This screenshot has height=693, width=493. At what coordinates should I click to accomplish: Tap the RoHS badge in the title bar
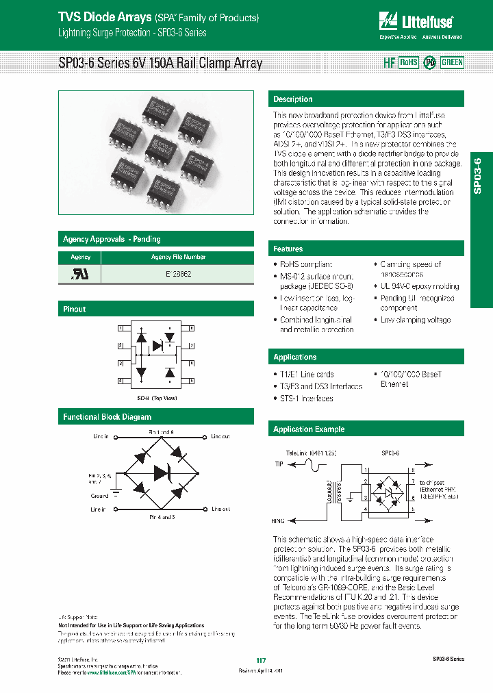coord(408,62)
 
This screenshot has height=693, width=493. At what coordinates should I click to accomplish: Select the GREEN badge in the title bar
coord(452,62)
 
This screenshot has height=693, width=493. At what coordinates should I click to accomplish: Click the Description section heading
coord(293,99)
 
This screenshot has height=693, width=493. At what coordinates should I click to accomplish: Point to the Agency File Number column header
coord(178,257)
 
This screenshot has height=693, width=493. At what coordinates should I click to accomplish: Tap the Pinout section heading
coord(75,309)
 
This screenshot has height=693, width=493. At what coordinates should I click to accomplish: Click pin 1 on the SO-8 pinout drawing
coord(121,329)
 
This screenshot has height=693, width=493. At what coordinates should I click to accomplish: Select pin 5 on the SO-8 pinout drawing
coord(192,380)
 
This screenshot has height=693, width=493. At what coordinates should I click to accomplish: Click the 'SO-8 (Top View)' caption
coord(157,397)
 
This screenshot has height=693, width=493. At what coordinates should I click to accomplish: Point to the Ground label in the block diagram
coord(99,495)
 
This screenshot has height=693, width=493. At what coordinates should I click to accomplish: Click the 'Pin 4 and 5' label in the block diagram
coord(162,516)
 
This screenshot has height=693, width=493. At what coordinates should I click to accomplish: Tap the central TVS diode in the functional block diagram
coord(162,473)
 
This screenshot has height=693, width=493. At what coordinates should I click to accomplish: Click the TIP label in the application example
coord(279,464)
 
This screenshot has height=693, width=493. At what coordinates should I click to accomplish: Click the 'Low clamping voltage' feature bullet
coord(415,320)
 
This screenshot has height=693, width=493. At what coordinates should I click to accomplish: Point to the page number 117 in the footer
coord(260,660)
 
